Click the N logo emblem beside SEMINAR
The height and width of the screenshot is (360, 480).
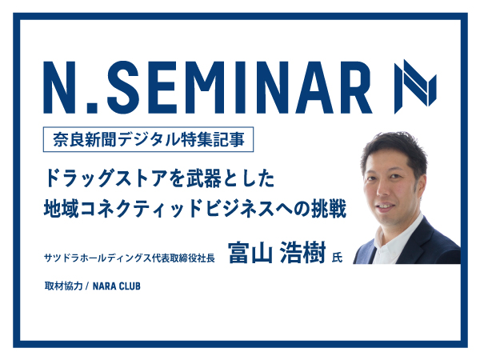pyautogui.click(x=415, y=86)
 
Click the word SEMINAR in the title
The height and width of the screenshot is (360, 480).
pyautogui.click(x=243, y=87)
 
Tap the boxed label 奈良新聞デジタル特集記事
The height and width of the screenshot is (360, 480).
pyautogui.click(x=148, y=139)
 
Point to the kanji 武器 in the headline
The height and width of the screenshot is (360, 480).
pyautogui.click(x=204, y=178)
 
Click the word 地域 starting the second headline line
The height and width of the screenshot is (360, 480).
pyautogui.click(x=62, y=209)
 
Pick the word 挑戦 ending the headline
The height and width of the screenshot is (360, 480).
pyautogui.click(x=329, y=209)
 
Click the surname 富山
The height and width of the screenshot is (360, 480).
pyautogui.click(x=250, y=253)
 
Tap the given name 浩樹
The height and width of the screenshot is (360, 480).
pyautogui.click(x=302, y=253)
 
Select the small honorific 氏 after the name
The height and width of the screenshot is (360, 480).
pyautogui.click(x=337, y=257)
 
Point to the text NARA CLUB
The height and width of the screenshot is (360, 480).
pyautogui.click(x=117, y=286)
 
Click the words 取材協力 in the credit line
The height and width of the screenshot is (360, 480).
pyautogui.click(x=64, y=286)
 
